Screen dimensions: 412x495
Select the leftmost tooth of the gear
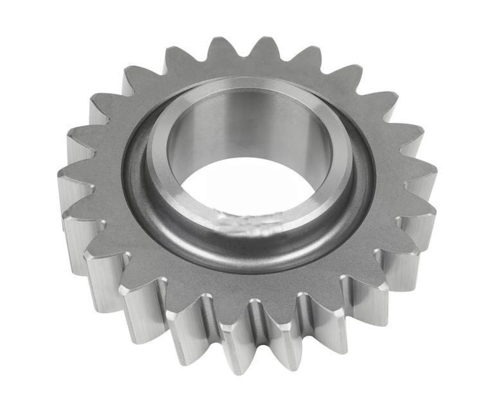pyautogui.click(x=66, y=175)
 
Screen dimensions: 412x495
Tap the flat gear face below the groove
pyautogui.click(x=251, y=280)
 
